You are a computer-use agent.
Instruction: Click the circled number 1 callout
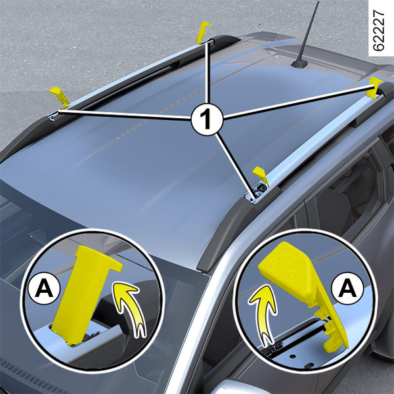pyautogui.click(x=207, y=118)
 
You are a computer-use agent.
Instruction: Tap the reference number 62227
pyautogui.click(x=378, y=31)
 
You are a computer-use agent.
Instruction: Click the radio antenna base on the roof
pyautogui.click(x=299, y=63)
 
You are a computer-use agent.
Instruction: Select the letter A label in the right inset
pyautogui.click(x=347, y=288)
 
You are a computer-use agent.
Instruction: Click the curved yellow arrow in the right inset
pyautogui.click(x=265, y=311)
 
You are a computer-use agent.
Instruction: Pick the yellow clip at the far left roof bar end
pyautogui.click(x=60, y=97)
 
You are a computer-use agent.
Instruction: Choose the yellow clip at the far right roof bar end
pyautogui.click(x=374, y=87)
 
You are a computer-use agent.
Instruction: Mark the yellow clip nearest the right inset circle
pyautogui.click(x=261, y=175)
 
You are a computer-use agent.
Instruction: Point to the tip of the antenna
pyautogui.click(x=318, y=2)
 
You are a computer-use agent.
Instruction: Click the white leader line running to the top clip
pyautogui.click(x=207, y=73)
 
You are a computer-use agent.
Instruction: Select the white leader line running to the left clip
pyautogui.click(x=124, y=114)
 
